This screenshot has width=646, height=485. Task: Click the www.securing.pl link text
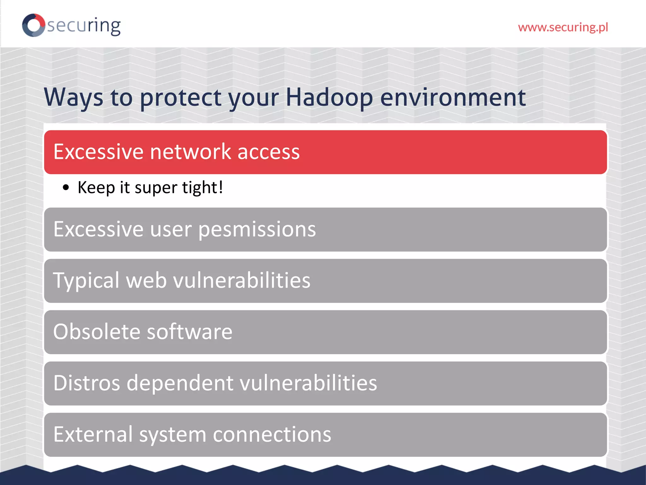(x=563, y=27)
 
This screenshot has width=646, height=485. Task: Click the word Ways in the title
(x=73, y=97)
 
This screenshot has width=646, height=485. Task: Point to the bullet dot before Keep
(x=66, y=188)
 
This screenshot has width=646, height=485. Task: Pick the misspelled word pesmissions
(x=257, y=229)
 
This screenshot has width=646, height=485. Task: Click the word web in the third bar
(x=146, y=280)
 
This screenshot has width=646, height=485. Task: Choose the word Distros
(x=87, y=383)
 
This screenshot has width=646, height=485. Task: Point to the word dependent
(x=180, y=383)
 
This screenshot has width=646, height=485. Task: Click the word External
(x=93, y=434)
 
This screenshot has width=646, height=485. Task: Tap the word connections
(x=272, y=434)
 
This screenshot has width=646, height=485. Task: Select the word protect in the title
(x=181, y=97)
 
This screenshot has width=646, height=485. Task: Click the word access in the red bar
(x=268, y=152)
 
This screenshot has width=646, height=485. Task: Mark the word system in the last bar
(x=173, y=434)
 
